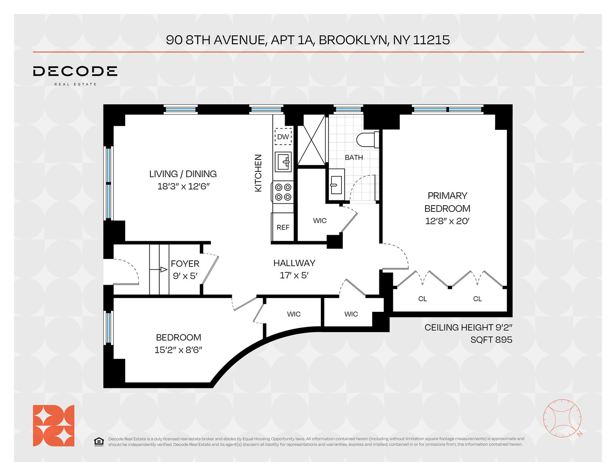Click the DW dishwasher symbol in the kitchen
click(283, 137)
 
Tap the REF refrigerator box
click(283, 228)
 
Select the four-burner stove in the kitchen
click(283, 192)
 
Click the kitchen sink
click(284, 162)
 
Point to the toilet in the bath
click(367, 140)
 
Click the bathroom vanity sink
click(336, 182)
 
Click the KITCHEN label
click(258, 173)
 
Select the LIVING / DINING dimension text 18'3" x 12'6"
click(183, 186)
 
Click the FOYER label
click(185, 264)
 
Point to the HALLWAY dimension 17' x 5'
click(294, 275)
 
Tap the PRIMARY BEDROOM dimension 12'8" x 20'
click(447, 221)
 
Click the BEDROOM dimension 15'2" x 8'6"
click(179, 350)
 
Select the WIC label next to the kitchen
click(320, 220)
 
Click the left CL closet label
click(422, 299)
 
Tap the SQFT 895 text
click(491, 339)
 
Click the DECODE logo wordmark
click(75, 71)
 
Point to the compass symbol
click(562, 418)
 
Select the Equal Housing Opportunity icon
click(99, 442)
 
